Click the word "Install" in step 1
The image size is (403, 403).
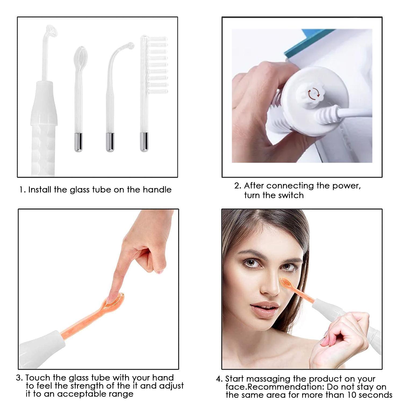click(40, 190)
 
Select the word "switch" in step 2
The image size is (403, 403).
click(291, 195)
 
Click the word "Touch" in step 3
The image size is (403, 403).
click(38, 378)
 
